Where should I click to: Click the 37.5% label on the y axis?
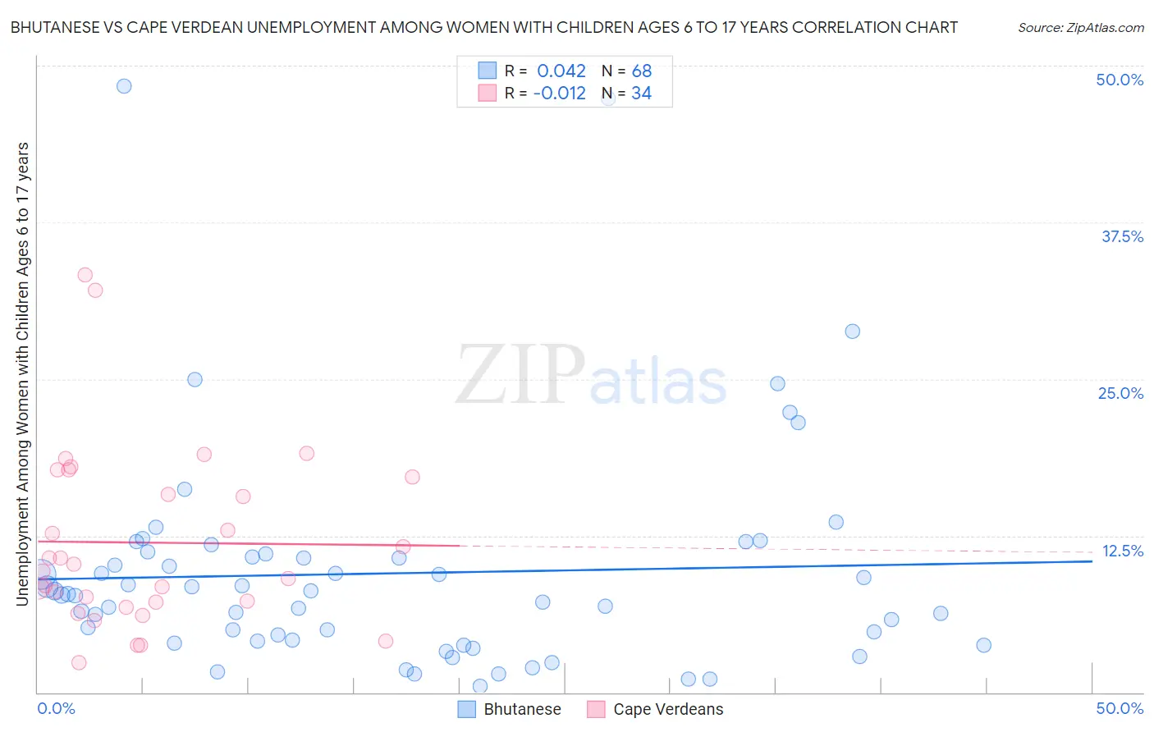(x=1121, y=236)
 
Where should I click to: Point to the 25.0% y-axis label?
(x=1120, y=393)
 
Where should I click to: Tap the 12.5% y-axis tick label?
(x=1122, y=551)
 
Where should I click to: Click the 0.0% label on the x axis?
(x=56, y=708)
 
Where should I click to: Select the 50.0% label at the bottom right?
(x=1120, y=708)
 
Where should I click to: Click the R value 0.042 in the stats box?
(x=561, y=71)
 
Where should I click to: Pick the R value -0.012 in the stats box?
(x=559, y=94)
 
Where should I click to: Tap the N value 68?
(x=641, y=71)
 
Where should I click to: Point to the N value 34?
(x=641, y=94)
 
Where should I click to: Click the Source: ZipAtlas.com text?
(x=1080, y=28)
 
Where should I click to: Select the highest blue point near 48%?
(x=124, y=86)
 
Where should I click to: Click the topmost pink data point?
(x=85, y=275)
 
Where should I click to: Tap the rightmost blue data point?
(x=983, y=645)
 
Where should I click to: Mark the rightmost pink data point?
(x=412, y=477)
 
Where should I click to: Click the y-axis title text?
(x=22, y=374)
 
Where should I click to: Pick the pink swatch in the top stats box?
(x=488, y=94)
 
